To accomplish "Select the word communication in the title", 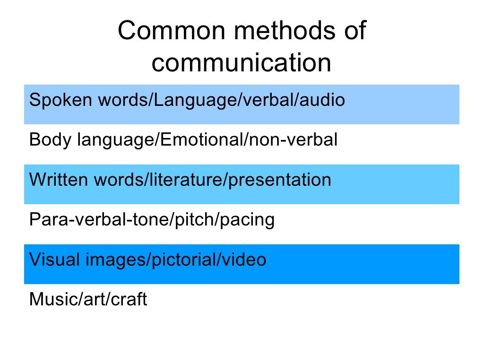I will pos(242,63).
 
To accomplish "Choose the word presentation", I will pos(279,180).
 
